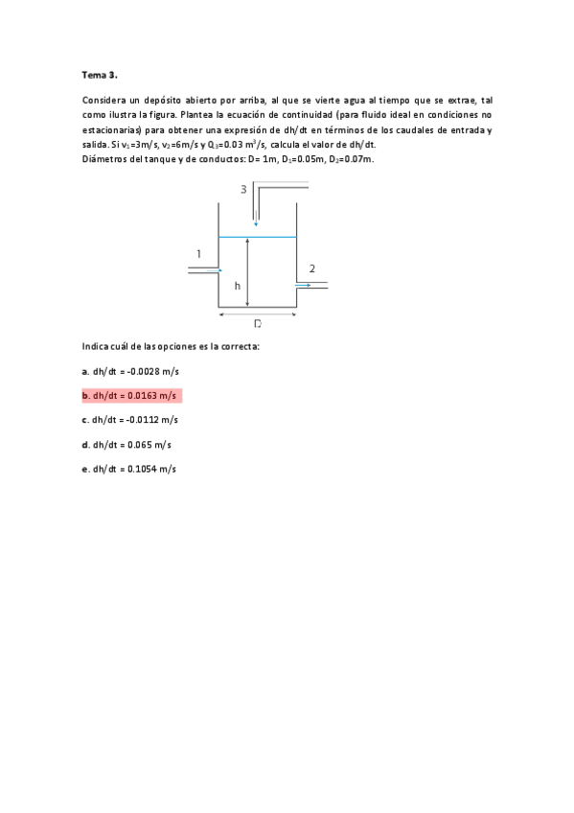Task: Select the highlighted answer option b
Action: click(x=129, y=395)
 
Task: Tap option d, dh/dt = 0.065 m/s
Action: click(x=126, y=445)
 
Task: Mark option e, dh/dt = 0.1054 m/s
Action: click(x=129, y=469)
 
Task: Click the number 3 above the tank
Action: click(x=243, y=190)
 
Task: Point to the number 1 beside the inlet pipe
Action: click(x=198, y=254)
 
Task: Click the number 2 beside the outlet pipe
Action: click(x=312, y=268)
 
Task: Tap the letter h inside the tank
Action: click(x=237, y=286)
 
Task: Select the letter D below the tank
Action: click(x=258, y=324)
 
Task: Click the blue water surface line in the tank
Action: click(x=273, y=237)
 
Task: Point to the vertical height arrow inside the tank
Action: click(x=247, y=273)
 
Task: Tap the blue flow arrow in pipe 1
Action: click(x=219, y=270)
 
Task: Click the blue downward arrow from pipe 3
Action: click(x=256, y=222)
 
